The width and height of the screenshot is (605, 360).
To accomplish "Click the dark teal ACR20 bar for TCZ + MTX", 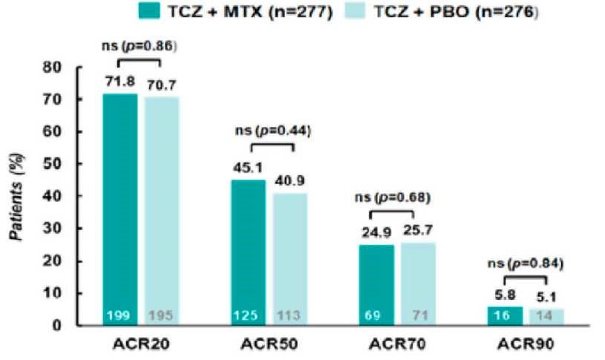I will [x=120, y=208].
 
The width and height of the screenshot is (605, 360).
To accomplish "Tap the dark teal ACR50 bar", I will [x=249, y=252].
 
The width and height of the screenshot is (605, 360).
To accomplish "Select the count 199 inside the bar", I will [x=120, y=316].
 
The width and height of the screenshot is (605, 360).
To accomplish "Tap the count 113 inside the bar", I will [x=290, y=316].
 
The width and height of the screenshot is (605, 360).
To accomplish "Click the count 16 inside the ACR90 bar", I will [x=505, y=316].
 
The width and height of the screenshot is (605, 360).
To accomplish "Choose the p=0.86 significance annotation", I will [x=140, y=46].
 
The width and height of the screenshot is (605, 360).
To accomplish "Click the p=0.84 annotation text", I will [x=526, y=263].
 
